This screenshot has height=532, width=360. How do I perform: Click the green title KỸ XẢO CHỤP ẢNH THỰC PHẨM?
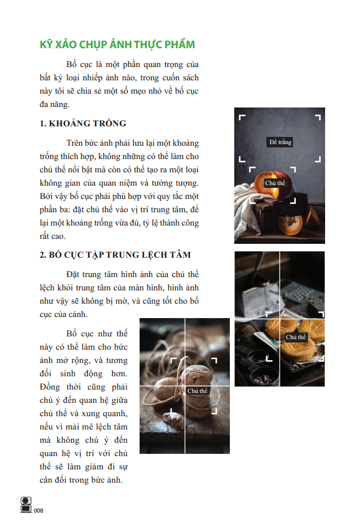coord(117,44)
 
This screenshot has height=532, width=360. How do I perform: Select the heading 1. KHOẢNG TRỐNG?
coord(83,124)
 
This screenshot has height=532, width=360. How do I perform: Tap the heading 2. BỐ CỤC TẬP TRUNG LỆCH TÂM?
coord(115,255)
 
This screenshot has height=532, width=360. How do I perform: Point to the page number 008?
coord(39,510)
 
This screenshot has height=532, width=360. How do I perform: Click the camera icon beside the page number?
coord(26,505)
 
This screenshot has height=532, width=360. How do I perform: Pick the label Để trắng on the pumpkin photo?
coord(280,142)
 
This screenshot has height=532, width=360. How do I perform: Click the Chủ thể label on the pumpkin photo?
coord(275,183)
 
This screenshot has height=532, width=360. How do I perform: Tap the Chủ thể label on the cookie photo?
coord(197,391)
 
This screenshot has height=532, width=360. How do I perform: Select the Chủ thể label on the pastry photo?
coord(296,337)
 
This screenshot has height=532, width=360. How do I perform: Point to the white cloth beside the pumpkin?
coord(248,209)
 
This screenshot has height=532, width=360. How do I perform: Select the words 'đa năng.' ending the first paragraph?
coord(55,104)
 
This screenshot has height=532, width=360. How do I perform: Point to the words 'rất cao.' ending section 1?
coord(53,236)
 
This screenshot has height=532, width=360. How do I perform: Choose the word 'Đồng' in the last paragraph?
coord(50,387)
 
